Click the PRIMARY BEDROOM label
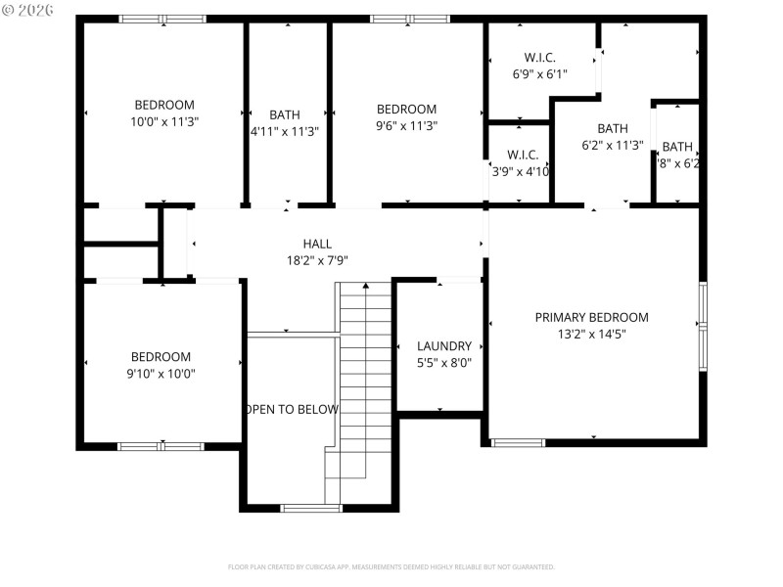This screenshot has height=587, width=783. (x=591, y=317)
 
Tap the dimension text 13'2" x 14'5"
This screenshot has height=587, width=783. (x=591, y=334)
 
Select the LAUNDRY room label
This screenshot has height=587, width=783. (x=444, y=346)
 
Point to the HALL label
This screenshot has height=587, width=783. (x=317, y=244)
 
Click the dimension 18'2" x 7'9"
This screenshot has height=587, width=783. (x=317, y=260)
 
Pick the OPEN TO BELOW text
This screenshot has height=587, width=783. (x=292, y=410)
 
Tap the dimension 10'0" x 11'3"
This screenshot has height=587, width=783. (x=163, y=121)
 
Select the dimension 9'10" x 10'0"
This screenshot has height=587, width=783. (x=161, y=373)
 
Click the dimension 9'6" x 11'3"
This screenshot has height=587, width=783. (x=406, y=125)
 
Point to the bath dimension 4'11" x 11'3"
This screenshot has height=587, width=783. (x=285, y=130)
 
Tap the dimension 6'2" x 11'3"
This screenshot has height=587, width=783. (x=612, y=146)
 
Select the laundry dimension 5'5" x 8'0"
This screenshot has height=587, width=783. (x=444, y=362)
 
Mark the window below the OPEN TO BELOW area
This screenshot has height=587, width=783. (x=311, y=508)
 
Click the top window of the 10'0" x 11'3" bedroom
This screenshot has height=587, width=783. (x=162, y=19)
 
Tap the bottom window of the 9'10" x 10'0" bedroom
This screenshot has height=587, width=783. (x=161, y=446)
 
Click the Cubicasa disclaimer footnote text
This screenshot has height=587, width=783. (x=391, y=566)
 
